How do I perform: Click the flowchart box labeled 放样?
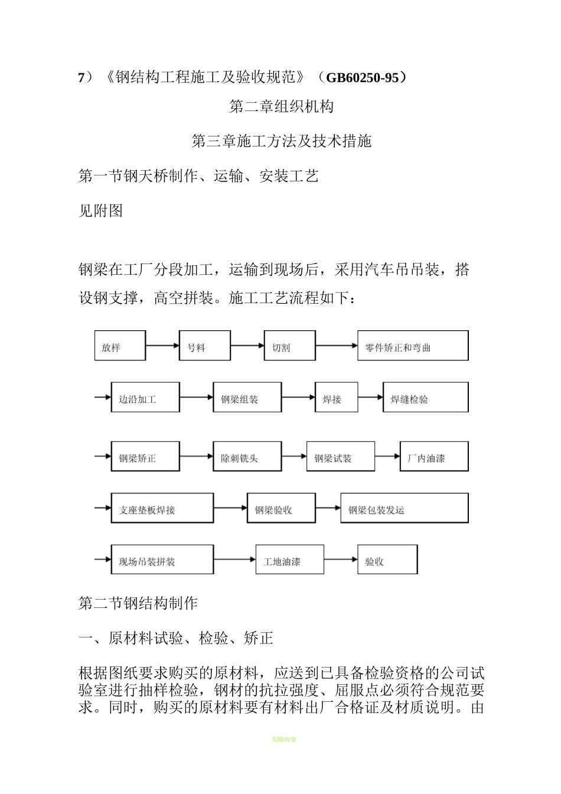pos(120,346)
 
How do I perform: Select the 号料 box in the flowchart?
pos(204,346)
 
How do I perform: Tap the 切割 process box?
pos(289,346)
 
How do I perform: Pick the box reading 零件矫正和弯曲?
pos(413,346)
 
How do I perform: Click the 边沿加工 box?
pos(145,397)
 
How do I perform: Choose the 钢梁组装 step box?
pos(247,397)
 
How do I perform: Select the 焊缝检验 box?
pos(425,397)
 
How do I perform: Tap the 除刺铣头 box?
pos(247,456)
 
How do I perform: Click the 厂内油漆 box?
pos(434,456)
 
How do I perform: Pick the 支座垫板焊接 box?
pos(162,508)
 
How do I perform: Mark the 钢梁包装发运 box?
pos(404,508)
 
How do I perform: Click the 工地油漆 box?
pos(289,559)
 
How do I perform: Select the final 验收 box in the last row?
pos(387,559)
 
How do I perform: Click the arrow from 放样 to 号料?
pos(162,346)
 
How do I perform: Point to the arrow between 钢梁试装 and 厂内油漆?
pos(387,456)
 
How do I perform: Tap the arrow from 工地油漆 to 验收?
pos(341,559)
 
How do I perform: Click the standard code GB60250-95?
pos(362,77)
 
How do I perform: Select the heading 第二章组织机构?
pos(281,106)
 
